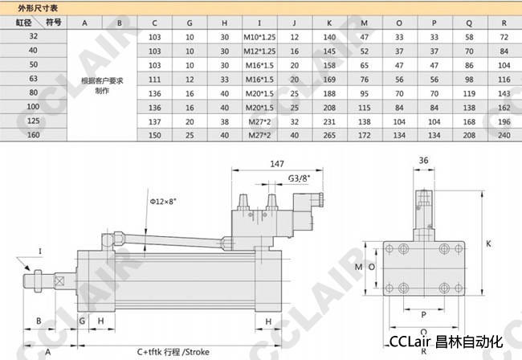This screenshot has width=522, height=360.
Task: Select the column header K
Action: [329, 23]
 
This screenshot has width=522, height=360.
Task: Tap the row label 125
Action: [33, 121]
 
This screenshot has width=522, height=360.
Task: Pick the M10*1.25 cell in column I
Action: [259, 37]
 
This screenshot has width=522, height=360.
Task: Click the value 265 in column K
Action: [329, 135]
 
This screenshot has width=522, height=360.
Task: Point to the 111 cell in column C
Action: [154, 80]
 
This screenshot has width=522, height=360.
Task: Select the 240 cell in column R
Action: [504, 135]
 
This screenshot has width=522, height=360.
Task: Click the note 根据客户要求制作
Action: [102, 86]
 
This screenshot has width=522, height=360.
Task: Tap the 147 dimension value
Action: [277, 163]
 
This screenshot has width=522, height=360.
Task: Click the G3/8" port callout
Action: [299, 178]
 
